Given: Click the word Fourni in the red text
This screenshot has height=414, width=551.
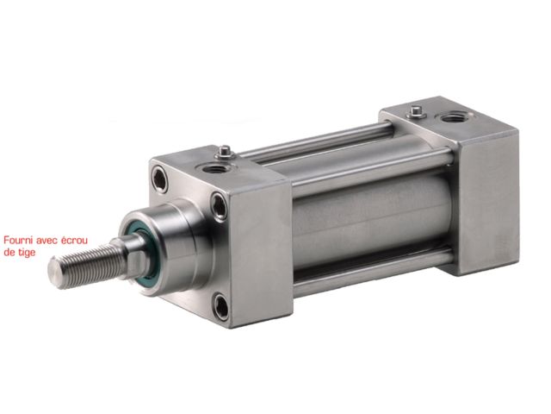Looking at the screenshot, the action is click(x=17, y=241).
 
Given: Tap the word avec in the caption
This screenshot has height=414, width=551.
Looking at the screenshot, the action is click(x=46, y=241).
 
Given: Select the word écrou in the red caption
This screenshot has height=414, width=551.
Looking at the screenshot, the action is click(x=74, y=241).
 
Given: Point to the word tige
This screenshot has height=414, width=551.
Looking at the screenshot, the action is click(x=27, y=253).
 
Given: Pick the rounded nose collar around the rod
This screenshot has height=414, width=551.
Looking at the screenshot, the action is click(x=169, y=247).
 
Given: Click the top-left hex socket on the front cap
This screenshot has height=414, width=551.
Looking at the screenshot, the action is click(x=159, y=179).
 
